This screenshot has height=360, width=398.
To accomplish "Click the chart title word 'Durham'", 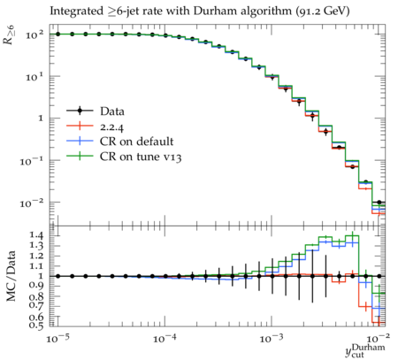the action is click(x=215, y=11).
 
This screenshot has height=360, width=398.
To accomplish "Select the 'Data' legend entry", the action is click(x=96, y=111).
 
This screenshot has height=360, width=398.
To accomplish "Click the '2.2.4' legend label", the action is click(x=111, y=126).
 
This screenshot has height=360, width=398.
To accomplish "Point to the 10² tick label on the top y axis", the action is click(x=34, y=34).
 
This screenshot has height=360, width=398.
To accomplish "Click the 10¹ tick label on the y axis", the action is click(x=34, y=77).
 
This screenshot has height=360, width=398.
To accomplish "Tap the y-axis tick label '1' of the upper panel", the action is click(x=40, y=119).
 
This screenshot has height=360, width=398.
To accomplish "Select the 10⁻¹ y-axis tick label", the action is click(x=32, y=161).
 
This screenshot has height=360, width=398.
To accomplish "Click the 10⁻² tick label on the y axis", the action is click(x=32, y=203).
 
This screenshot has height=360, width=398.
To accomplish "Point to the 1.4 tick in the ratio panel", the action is click(x=36, y=235).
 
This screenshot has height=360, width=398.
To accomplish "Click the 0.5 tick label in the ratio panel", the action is click(x=36, y=326).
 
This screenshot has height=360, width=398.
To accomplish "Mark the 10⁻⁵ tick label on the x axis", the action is click(x=57, y=338).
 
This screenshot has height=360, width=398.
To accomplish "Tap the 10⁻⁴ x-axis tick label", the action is click(x=165, y=338).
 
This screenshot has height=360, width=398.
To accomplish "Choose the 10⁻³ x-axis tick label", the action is click(x=272, y=338).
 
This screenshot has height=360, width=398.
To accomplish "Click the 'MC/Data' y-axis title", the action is click(x=11, y=276).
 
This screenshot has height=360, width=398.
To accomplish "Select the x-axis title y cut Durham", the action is click(x=365, y=351).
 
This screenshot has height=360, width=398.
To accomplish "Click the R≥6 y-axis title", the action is click(x=10, y=34).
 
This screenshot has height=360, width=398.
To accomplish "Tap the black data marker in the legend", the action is click(x=80, y=111).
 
